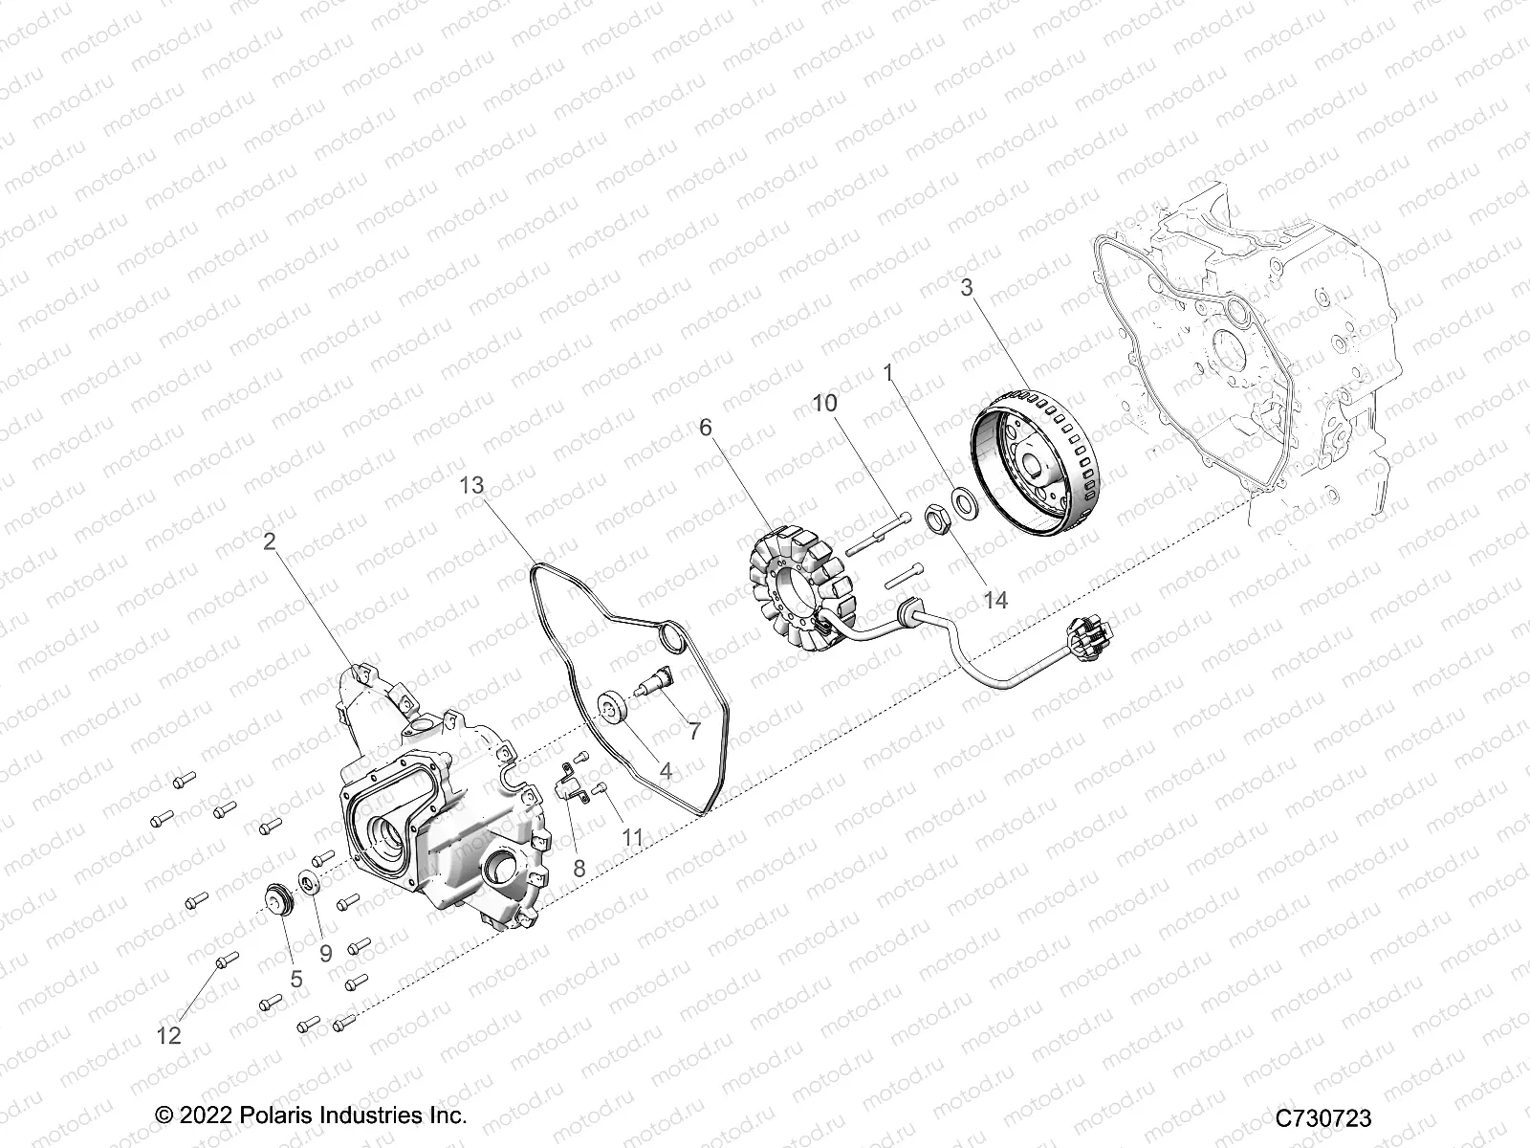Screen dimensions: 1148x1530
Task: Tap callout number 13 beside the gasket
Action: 472,485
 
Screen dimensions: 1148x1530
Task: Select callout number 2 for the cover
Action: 270,542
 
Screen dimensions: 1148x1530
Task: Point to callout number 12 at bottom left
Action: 168,1035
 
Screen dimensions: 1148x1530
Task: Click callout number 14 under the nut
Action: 995,600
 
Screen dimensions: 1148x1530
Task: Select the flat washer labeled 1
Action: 964,499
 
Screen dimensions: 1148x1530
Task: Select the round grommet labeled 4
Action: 635,711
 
